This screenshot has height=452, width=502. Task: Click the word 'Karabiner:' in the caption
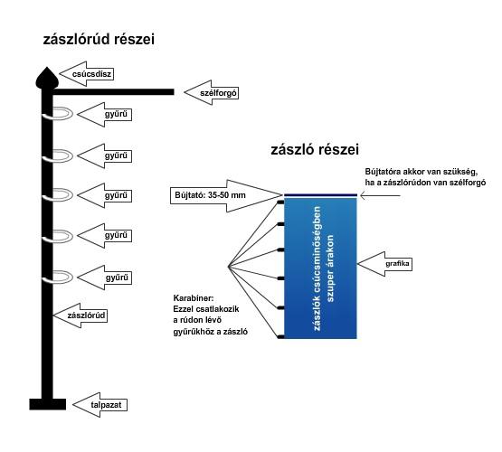pyautogui.click(x=194, y=297)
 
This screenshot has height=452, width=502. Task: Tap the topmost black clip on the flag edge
pyautogui.click(x=281, y=199)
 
